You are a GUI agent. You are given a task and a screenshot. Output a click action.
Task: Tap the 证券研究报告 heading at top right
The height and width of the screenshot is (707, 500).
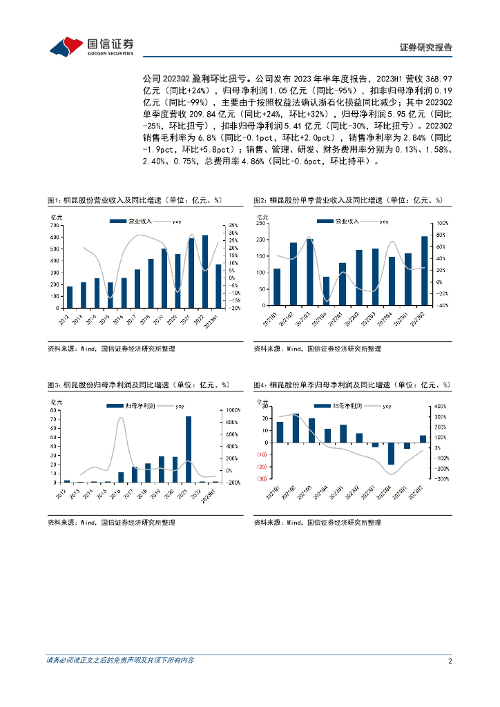click(x=426, y=48)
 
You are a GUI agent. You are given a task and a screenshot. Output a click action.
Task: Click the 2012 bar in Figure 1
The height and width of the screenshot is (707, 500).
click(x=69, y=297)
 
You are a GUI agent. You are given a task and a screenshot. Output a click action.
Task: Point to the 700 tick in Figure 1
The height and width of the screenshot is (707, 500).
click(x=54, y=226)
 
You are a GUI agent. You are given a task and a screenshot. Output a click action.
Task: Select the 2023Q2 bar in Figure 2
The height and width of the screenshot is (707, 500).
click(x=424, y=271)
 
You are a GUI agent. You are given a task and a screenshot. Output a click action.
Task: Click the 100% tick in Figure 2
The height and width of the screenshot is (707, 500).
click(x=442, y=224)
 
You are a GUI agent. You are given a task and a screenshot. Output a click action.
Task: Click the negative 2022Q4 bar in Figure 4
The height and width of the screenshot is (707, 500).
click(x=391, y=454)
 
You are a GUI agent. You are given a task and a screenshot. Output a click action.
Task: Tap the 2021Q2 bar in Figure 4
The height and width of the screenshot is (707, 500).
click(x=296, y=428)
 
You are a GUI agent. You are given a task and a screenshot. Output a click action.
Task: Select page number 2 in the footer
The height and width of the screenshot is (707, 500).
click(x=450, y=661)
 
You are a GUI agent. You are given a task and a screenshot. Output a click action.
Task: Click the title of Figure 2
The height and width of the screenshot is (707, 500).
click(x=347, y=200)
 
